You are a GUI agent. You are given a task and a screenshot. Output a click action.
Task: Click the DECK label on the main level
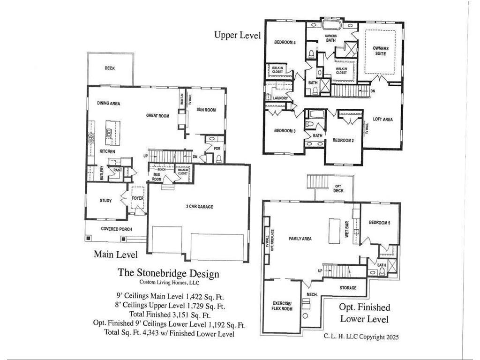click(110, 68)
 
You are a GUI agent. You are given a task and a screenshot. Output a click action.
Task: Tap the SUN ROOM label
click(206, 110)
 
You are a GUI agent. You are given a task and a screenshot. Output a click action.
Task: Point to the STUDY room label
click(105, 201)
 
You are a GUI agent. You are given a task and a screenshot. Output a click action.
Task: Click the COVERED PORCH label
click(116, 229)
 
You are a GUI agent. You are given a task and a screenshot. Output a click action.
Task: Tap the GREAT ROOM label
click(157, 115)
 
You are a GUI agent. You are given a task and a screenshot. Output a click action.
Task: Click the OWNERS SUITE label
click(380, 51)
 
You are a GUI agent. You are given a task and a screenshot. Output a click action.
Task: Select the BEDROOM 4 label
click(285, 43)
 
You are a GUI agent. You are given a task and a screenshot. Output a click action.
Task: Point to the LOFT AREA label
click(382, 120)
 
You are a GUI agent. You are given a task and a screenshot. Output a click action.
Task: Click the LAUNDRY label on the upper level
click(280, 98)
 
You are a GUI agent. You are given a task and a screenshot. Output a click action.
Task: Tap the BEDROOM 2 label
click(343, 140)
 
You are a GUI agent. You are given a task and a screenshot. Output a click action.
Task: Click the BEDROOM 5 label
click(379, 223)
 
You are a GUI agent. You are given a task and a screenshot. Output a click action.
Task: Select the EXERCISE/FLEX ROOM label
click(282, 306)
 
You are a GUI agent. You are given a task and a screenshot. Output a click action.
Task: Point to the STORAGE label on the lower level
click(347, 288)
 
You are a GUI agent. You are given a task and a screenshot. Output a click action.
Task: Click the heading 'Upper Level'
click(237, 35)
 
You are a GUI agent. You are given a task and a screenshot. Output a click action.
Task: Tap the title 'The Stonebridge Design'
click(168, 273)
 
